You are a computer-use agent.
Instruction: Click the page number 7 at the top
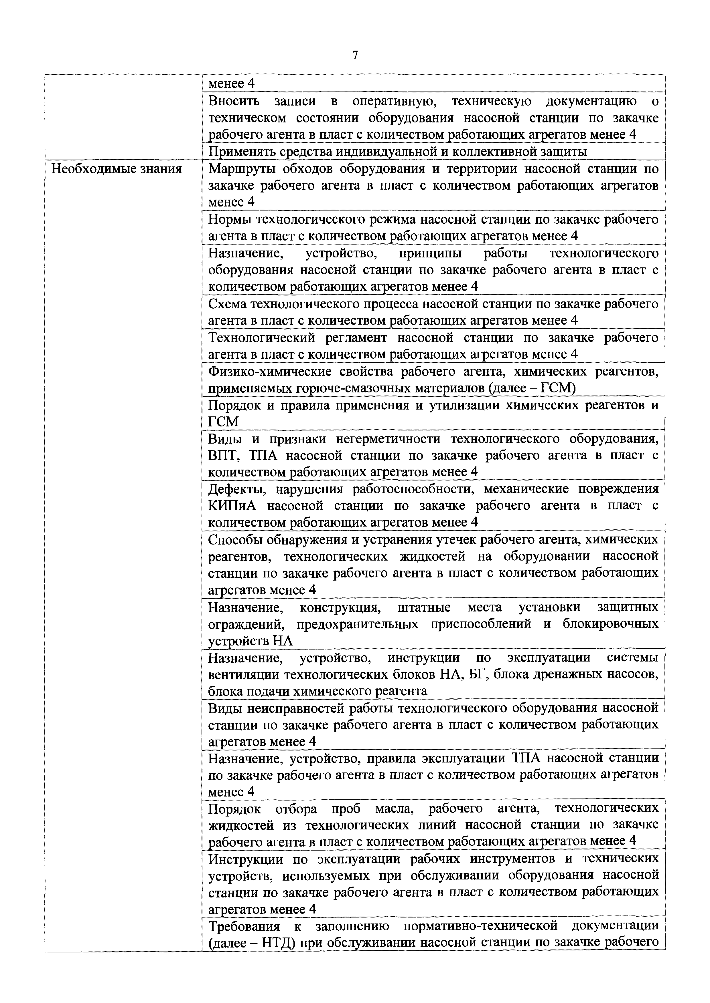[355, 55]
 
